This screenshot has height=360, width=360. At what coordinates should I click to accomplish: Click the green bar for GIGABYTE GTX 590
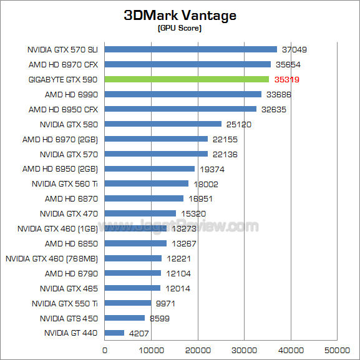pyautogui.click(x=187, y=79)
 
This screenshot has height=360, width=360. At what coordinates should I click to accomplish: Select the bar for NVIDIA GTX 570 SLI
pyautogui.click(x=190, y=49)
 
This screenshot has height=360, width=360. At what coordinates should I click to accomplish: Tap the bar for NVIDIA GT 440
pyautogui.click(x=114, y=333)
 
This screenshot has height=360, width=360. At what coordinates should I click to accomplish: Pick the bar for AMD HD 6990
pyautogui.click(x=183, y=94)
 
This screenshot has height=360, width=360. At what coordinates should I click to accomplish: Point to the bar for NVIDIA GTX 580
pyautogui.click(x=163, y=124)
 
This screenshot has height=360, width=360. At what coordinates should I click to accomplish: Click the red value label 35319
pyautogui.click(x=286, y=79)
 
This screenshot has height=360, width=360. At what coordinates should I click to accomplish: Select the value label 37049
pyautogui.click(x=294, y=49)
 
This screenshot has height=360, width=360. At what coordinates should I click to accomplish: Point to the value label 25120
pyautogui.click(x=239, y=124)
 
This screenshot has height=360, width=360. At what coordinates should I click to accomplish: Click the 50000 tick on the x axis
pyautogui.click(x=338, y=349)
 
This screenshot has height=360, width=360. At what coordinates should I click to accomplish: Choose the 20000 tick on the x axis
pyautogui.click(x=198, y=349)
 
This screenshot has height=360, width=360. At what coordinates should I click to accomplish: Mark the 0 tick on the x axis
pyautogui.click(x=104, y=349)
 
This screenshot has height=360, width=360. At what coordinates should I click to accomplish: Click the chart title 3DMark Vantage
pyautogui.click(x=180, y=15)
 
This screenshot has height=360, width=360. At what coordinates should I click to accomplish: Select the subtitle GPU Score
pyautogui.click(x=180, y=28)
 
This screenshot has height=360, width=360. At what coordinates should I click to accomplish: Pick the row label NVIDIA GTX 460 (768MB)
pyautogui.click(x=52, y=258)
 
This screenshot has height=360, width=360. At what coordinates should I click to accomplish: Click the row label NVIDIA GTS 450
pyautogui.click(x=69, y=318)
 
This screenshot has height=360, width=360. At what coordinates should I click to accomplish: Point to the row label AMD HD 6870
pyautogui.click(x=71, y=198)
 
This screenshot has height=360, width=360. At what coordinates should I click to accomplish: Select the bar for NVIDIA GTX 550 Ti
pyautogui.click(x=127, y=303)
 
